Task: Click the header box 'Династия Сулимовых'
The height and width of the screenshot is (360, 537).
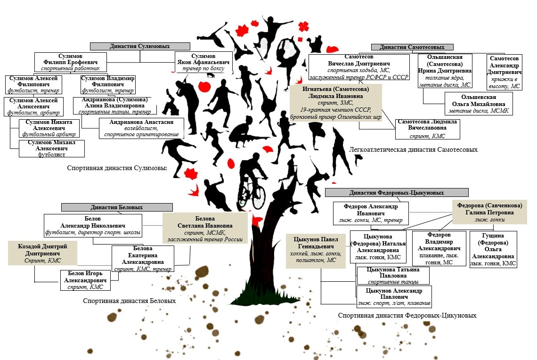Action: pyautogui.click(x=140, y=47)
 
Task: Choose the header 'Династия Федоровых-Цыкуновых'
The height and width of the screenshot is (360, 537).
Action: pyautogui.click(x=397, y=192)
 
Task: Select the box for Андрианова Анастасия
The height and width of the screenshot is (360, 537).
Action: pyautogui.click(x=141, y=128)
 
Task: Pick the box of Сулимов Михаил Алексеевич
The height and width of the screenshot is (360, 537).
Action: pyautogui.click(x=52, y=148)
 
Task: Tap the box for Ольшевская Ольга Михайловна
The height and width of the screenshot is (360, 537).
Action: pyautogui.click(x=479, y=104)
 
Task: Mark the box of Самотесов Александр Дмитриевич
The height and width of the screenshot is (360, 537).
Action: pyautogui.click(x=504, y=72)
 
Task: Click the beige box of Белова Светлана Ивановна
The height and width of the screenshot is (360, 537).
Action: pyautogui.click(x=204, y=229)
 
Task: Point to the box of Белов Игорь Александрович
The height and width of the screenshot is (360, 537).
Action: pyautogui.click(x=86, y=280)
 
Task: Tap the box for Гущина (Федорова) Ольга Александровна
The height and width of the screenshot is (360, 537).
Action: pyautogui.click(x=493, y=249)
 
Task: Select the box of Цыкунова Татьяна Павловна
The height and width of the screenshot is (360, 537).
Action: pyautogui.click(x=393, y=275)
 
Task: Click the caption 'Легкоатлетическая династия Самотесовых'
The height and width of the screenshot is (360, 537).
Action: pyautogui.click(x=413, y=150)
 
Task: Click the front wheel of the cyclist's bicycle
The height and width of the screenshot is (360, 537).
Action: pyautogui.click(x=259, y=198)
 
